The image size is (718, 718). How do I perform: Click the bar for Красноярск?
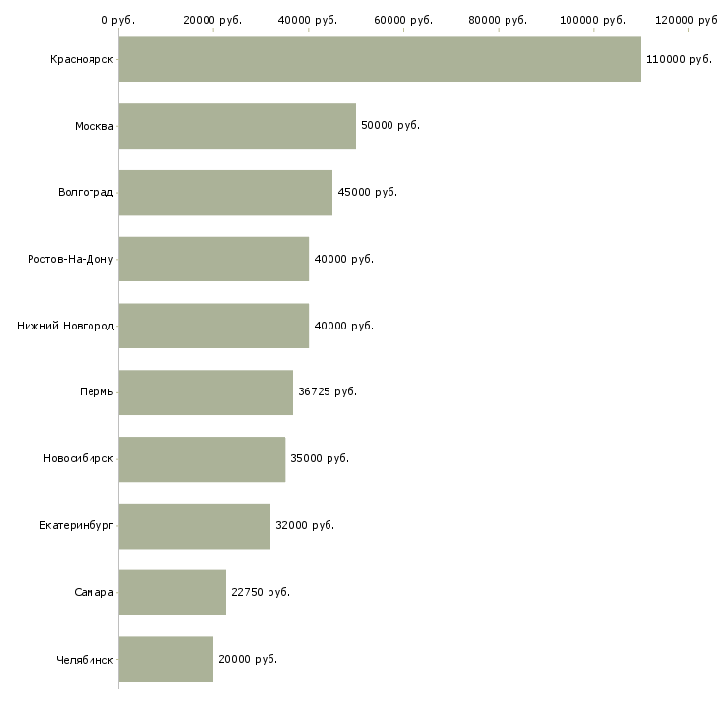(x=380, y=59)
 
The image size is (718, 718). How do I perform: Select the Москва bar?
(x=237, y=126)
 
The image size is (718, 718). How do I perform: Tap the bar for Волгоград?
(x=225, y=193)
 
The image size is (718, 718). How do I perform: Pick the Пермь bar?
(x=206, y=392)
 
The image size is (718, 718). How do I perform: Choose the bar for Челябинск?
(x=166, y=659)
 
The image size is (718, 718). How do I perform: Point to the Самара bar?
(x=172, y=592)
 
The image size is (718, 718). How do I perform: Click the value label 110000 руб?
(x=679, y=60)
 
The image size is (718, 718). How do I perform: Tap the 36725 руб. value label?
(x=328, y=391)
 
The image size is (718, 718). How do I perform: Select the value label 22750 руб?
(x=261, y=592)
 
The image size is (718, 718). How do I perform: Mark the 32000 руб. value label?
(x=305, y=525)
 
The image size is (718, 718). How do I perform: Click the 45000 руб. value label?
(x=368, y=193)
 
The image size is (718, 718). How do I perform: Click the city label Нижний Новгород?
(x=66, y=326)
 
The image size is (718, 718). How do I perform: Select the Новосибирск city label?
(x=79, y=459)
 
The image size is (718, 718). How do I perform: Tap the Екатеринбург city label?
(x=77, y=525)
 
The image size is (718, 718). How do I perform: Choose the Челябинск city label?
(x=86, y=659)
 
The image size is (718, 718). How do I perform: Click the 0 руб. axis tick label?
(x=118, y=20)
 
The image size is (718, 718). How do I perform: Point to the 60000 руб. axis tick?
(x=403, y=20)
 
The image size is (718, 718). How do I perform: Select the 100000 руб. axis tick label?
(x=593, y=20)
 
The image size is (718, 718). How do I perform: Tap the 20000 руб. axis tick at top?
(x=212, y=20)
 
